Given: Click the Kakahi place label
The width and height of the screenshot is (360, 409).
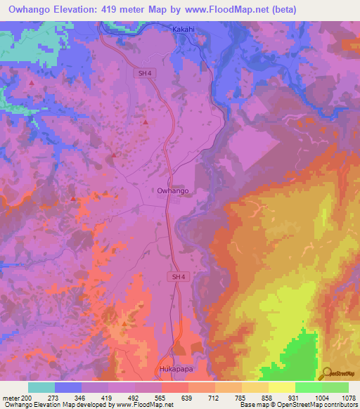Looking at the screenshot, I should [x=186, y=30].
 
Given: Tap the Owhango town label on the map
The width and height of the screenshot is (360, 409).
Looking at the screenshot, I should [x=172, y=190].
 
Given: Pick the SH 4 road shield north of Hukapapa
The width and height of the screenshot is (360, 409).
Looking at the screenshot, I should [x=179, y=278].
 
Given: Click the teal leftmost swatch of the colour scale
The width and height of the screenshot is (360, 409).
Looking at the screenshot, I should [x=41, y=387].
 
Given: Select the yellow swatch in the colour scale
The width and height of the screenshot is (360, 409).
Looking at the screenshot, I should [x=282, y=387].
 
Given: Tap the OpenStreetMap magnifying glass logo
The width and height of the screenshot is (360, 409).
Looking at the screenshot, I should [x=326, y=373].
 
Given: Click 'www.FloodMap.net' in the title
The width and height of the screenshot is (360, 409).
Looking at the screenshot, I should [x=207, y=10].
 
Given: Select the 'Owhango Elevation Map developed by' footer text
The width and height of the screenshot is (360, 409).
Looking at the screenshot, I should [x=49, y=405].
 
